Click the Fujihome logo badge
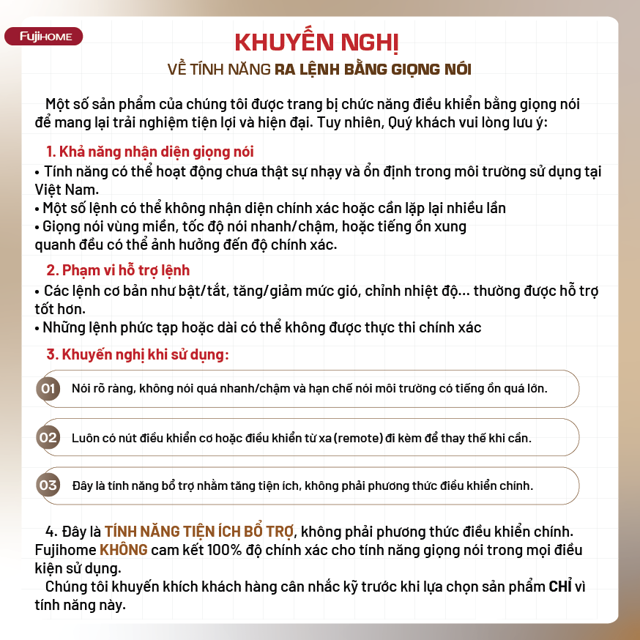click(44, 37)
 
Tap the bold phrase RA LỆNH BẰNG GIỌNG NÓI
click(373, 70)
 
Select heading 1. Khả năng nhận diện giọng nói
click(149, 152)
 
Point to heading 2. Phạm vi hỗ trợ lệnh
click(117, 271)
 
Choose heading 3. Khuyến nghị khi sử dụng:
click(138, 354)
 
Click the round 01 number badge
click(48, 388)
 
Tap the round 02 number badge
click(48, 438)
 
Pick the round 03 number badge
click(48, 485)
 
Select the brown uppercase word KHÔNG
click(124, 549)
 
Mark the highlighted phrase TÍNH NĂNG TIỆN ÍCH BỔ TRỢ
click(198, 530)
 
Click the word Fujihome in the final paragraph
click(64, 549)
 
